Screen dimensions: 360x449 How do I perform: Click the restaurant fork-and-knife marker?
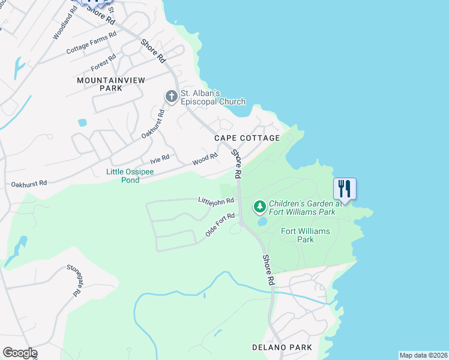[345, 188]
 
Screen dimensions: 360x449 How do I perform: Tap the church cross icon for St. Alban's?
[171, 96]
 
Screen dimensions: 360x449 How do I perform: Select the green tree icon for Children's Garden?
[260, 207]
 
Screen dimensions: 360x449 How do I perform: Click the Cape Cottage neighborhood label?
[247, 138]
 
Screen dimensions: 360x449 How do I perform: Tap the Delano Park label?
[282, 347]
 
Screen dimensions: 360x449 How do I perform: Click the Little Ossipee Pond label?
[130, 175]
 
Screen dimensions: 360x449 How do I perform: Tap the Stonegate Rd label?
[74, 280]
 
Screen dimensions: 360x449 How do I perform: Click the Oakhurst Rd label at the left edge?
[29, 183]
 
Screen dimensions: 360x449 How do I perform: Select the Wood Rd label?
[205, 160]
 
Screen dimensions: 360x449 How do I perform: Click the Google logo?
[20, 353]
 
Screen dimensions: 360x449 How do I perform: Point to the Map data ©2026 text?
[423, 355]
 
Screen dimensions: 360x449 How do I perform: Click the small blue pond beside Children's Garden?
[263, 221]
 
